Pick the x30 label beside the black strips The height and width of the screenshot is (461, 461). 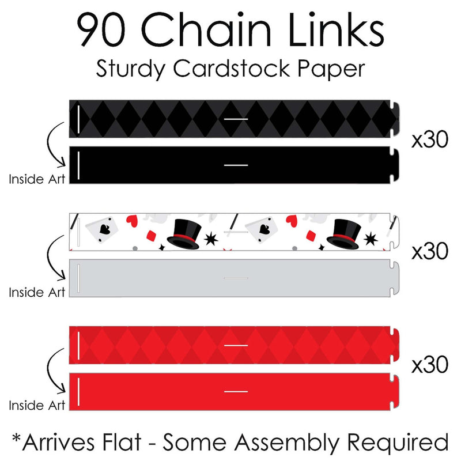[429, 141]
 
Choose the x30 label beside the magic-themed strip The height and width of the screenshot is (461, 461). [429, 252]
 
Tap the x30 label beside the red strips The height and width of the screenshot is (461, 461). [429, 364]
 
